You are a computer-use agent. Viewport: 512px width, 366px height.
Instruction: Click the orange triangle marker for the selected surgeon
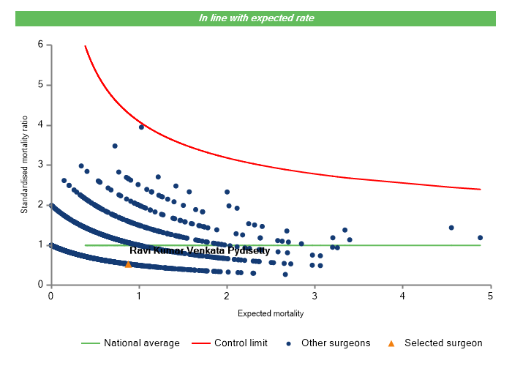(128, 264)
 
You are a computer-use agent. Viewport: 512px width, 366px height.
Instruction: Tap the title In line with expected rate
(256, 18)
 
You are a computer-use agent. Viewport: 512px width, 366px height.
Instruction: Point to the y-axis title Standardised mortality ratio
(24, 165)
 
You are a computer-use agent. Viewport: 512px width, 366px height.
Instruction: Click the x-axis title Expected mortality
(270, 313)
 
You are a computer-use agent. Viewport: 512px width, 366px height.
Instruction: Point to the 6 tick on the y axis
(40, 45)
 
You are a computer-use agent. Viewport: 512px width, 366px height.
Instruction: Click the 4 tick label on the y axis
(40, 125)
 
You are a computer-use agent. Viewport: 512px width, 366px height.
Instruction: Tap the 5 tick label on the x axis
(490, 296)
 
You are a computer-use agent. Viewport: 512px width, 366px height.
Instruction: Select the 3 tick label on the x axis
(315, 296)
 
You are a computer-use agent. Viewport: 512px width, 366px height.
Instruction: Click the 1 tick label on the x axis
(138, 296)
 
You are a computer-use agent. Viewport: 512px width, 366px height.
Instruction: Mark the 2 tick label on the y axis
(40, 205)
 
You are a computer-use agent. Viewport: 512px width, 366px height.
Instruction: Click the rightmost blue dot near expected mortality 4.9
(481, 238)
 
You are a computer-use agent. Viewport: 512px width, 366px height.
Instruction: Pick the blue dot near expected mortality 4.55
(451, 228)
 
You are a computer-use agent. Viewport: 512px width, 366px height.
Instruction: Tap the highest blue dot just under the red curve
(141, 127)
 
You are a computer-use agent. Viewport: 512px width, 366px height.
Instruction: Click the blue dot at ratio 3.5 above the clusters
(115, 146)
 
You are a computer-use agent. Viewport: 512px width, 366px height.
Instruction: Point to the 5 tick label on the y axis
(40, 85)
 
